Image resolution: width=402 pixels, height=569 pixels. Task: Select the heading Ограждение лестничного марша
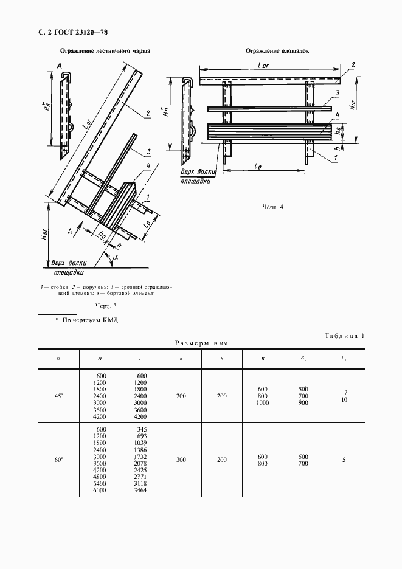(x=105, y=52)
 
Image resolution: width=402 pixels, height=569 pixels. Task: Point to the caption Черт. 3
(x=106, y=305)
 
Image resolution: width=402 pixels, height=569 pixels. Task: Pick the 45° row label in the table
(x=59, y=396)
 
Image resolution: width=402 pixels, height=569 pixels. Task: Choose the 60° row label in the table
(x=59, y=461)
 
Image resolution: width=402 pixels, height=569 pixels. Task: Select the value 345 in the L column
(x=141, y=429)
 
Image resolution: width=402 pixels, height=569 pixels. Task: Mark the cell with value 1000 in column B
(x=262, y=403)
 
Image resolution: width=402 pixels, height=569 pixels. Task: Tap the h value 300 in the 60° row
(x=181, y=461)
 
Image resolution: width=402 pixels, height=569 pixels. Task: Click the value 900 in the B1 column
(x=303, y=403)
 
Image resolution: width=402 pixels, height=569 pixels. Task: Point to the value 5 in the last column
(x=344, y=461)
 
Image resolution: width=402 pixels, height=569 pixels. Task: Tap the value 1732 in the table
(x=141, y=457)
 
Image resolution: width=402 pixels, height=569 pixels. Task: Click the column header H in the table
(x=99, y=359)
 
